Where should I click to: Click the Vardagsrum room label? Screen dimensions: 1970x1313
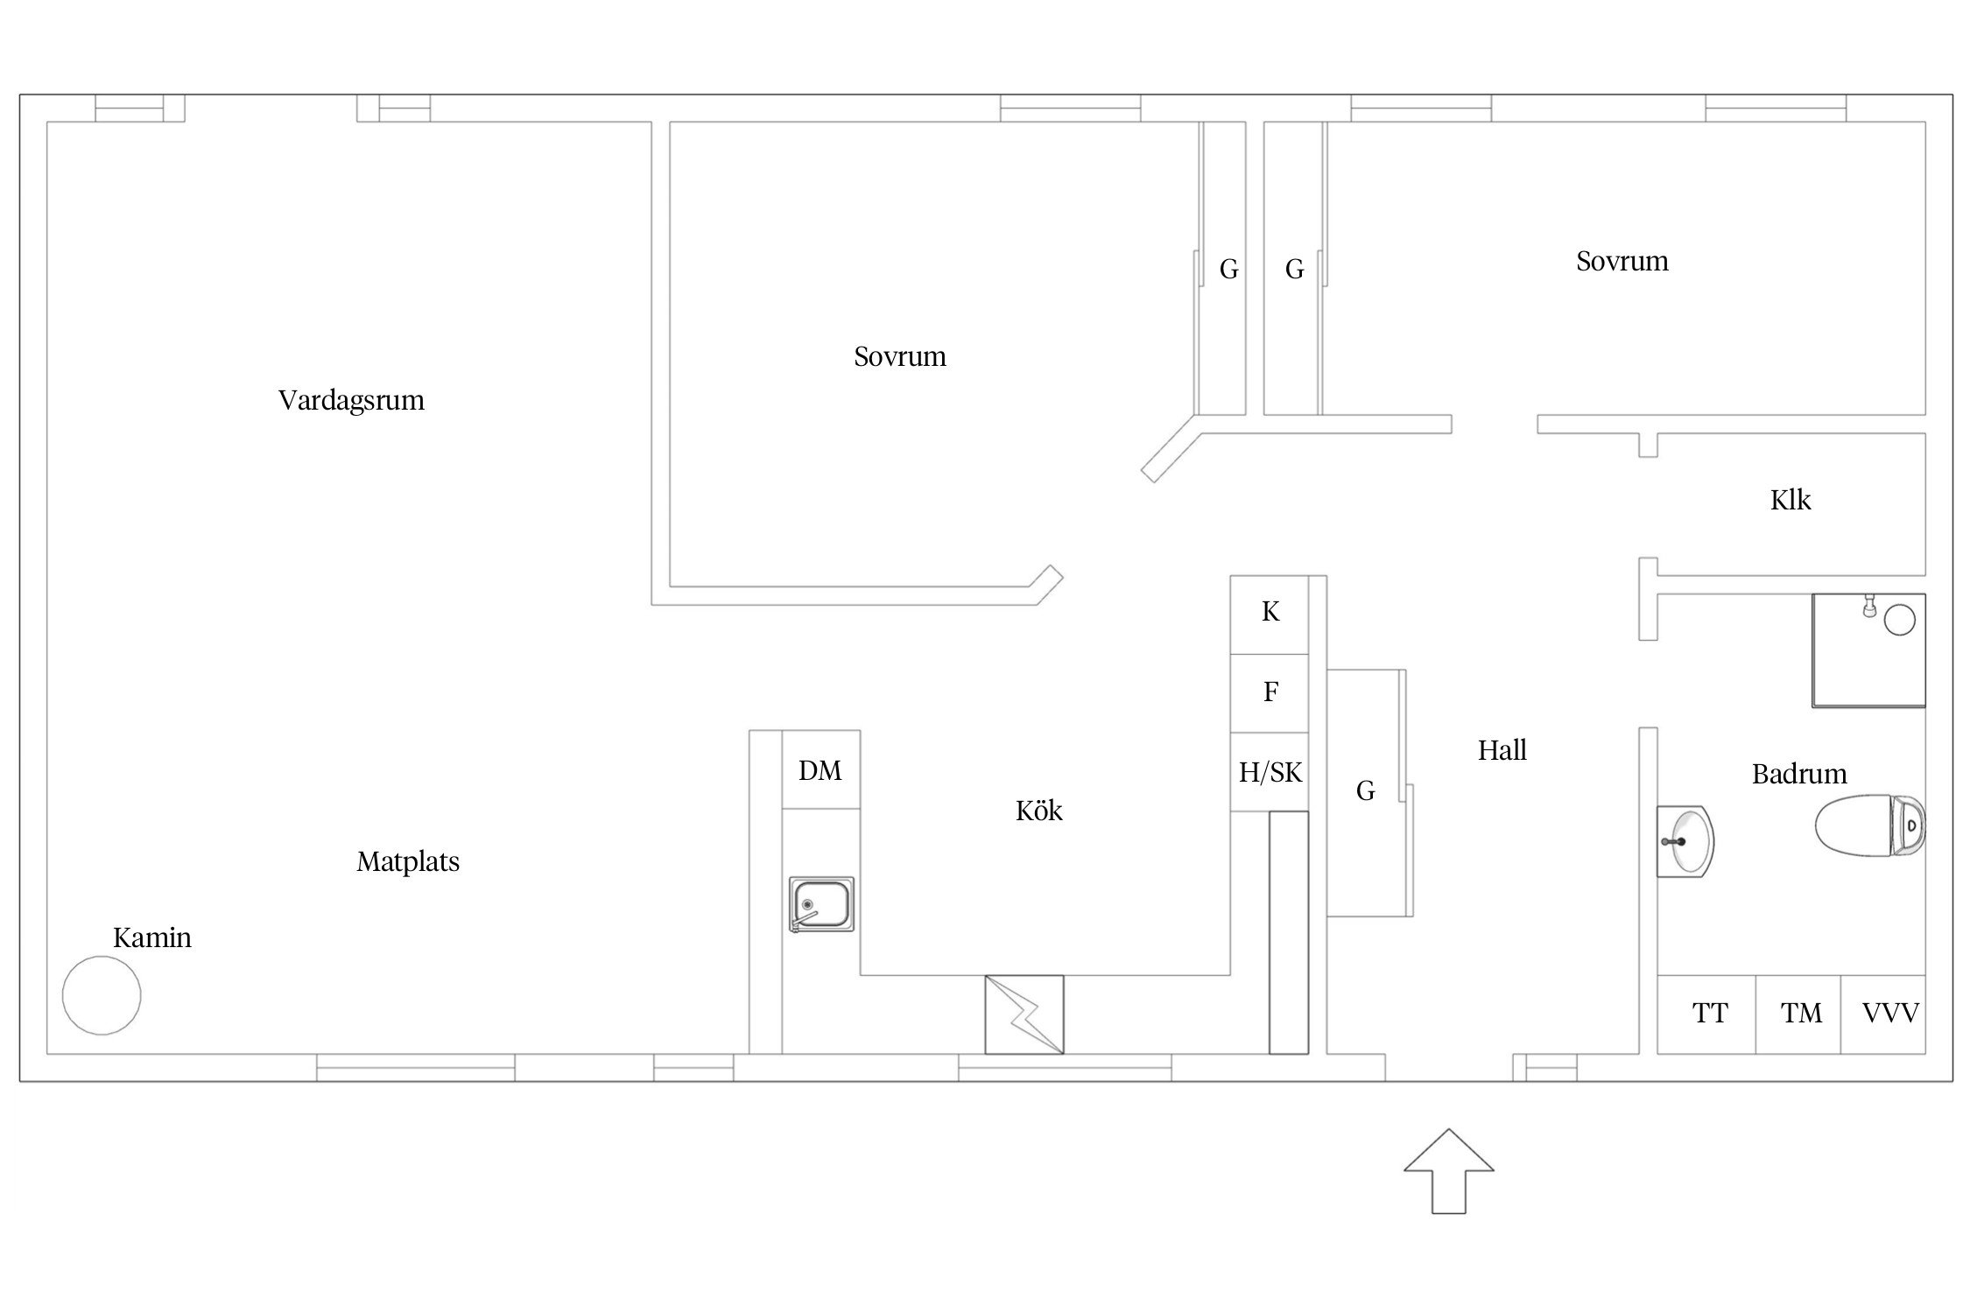pos(351,400)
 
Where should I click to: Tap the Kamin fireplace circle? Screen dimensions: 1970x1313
pos(102,995)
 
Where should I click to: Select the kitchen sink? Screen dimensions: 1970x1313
pos(821,904)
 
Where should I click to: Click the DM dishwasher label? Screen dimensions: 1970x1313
pos(820,770)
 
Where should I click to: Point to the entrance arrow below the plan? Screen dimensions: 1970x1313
pos(1449,1171)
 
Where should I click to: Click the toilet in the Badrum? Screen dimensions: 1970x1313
pos(1869,824)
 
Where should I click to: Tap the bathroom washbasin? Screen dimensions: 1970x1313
pos(1685,841)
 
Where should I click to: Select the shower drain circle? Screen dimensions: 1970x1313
pos(1899,621)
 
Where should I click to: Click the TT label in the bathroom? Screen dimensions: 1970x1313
pos(1710,1014)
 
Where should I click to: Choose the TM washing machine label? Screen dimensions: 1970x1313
pos(1801,1014)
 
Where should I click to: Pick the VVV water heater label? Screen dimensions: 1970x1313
pos(1890,1014)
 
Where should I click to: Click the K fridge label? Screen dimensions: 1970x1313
pos(1270,612)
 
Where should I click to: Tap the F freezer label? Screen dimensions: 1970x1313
pos(1270,692)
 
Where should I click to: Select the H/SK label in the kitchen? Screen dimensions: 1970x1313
pos(1270,772)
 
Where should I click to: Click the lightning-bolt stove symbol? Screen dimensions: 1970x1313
pos(1024,1015)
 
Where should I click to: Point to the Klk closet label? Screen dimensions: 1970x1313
pos(1791,500)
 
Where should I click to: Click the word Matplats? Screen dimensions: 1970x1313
pos(408,862)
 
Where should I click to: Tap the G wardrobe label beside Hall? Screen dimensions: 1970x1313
pos(1365,791)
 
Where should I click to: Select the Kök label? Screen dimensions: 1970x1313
pos(1039,811)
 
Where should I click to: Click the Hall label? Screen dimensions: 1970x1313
pos(1502,750)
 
